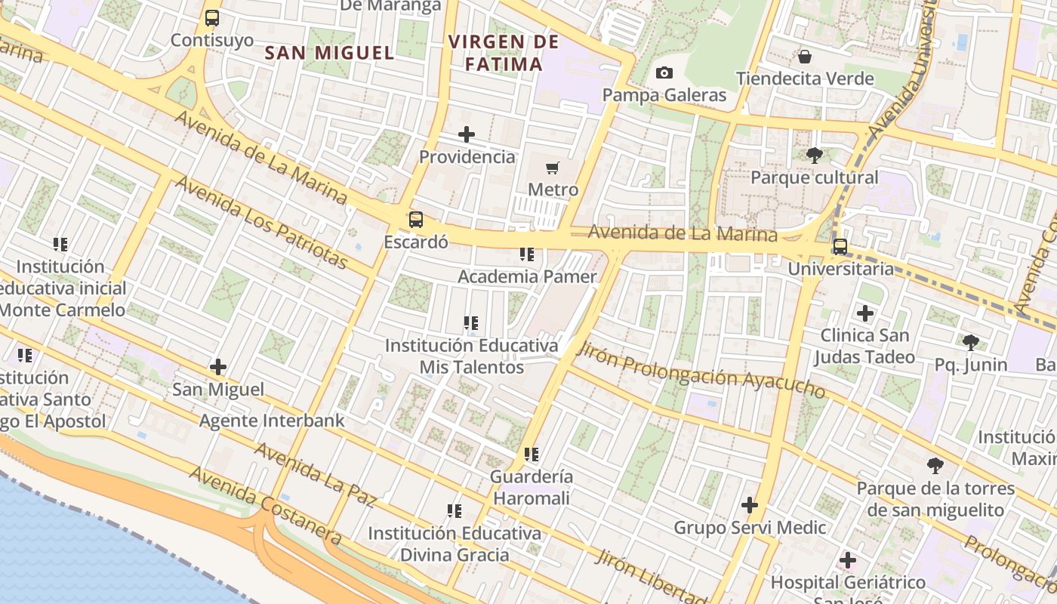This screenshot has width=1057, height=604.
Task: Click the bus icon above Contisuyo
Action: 212,18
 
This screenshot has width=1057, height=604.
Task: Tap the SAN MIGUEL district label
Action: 330,53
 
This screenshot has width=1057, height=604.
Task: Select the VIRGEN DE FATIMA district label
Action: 504,53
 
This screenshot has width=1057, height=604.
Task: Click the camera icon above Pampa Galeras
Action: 664,72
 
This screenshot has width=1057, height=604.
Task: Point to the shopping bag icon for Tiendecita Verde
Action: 805,57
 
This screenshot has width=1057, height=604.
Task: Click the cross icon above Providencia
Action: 467,135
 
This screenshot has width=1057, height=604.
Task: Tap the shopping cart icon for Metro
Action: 553,168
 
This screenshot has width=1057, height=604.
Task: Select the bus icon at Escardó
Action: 416,220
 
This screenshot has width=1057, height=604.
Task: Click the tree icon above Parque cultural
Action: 814,156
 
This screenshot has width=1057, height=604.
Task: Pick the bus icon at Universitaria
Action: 840,247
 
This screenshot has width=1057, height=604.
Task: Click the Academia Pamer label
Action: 527,276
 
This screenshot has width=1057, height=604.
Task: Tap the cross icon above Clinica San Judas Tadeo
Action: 865,313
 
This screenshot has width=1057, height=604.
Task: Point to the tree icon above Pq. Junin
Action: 971,343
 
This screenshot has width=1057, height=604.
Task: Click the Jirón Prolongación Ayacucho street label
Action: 700,370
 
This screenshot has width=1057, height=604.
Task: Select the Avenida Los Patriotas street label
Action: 261,223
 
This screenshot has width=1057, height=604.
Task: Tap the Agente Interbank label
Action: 272,421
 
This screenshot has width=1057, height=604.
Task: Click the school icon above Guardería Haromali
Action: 532,455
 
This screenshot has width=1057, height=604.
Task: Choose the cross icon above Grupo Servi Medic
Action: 750,505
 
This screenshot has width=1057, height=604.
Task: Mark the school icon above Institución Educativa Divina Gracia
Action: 455,511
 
